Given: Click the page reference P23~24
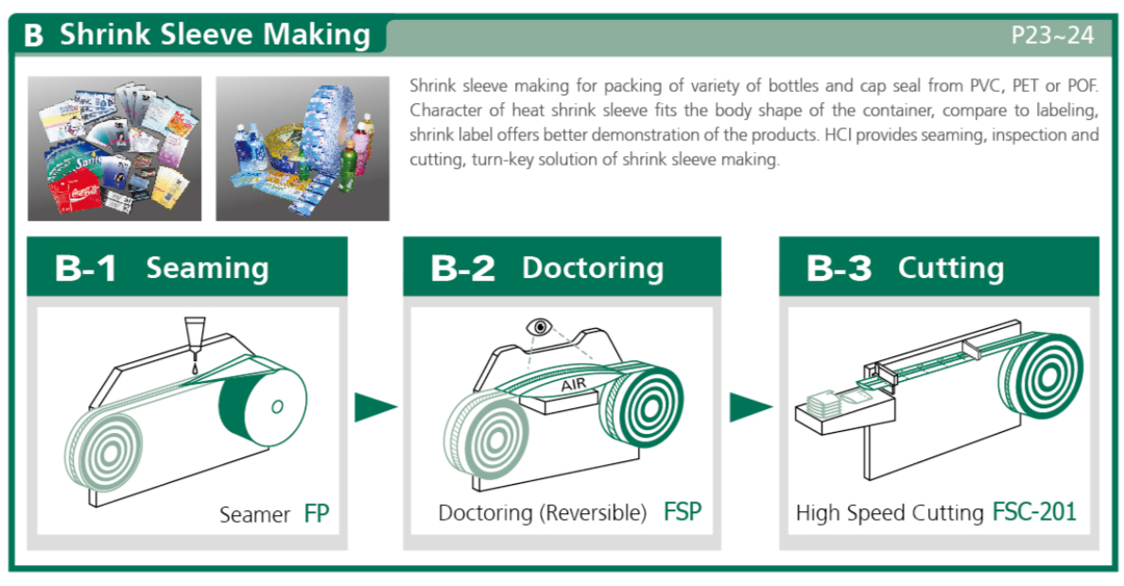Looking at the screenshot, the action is click(x=1052, y=35).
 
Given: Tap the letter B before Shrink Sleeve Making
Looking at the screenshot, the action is click(x=34, y=35).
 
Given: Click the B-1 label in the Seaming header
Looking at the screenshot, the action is click(x=86, y=267).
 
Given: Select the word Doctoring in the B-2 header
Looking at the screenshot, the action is click(x=593, y=268).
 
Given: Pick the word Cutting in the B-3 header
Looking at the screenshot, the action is click(x=950, y=267).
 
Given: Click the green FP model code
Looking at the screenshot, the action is click(x=316, y=513).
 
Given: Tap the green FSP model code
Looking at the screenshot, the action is click(x=683, y=511).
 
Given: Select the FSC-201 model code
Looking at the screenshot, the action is click(x=1034, y=511).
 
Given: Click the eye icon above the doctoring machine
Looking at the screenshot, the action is click(x=539, y=327).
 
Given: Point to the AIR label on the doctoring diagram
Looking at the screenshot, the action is click(x=574, y=386).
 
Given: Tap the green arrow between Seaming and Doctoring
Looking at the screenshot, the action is click(x=375, y=407).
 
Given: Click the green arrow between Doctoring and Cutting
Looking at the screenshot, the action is click(x=752, y=407).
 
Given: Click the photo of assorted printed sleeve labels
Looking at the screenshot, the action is click(x=114, y=149).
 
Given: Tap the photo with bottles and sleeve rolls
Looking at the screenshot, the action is click(x=303, y=149).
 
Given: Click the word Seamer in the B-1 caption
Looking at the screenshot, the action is click(x=254, y=514).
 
